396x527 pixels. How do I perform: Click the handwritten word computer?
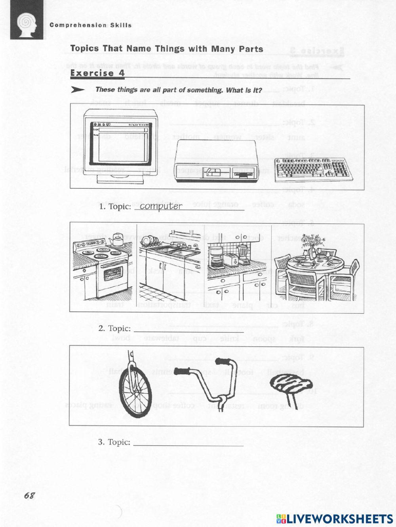(161, 206)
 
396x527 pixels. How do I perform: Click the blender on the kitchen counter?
(243, 253)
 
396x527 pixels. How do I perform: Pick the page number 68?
(29, 496)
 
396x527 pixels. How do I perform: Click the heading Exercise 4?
(97, 73)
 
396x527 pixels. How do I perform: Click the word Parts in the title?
(250, 49)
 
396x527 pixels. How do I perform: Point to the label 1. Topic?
(115, 207)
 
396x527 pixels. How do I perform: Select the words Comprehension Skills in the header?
(91, 25)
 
